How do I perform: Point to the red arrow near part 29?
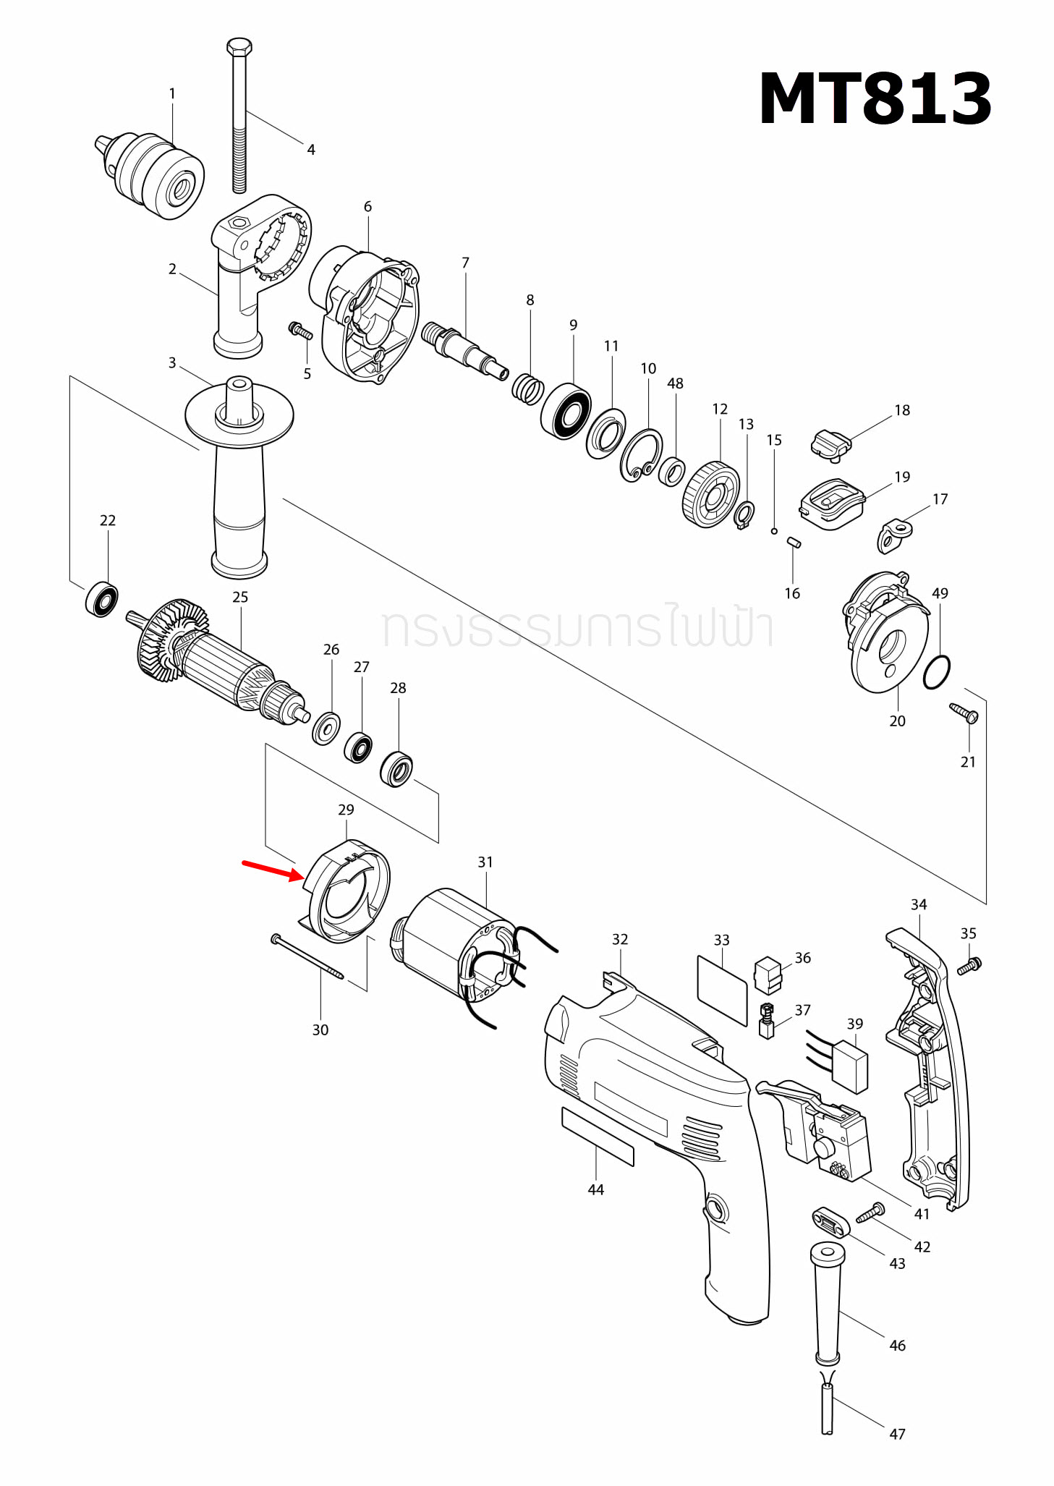point(272,869)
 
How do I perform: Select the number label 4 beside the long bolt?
point(311,150)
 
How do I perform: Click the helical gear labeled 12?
point(710,495)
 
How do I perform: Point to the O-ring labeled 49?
point(937,673)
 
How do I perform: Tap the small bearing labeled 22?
point(102,599)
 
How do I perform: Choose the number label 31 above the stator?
point(485,862)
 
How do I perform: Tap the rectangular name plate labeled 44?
point(598,1137)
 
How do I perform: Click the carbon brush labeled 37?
point(767,1021)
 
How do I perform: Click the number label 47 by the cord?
point(897,1434)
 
